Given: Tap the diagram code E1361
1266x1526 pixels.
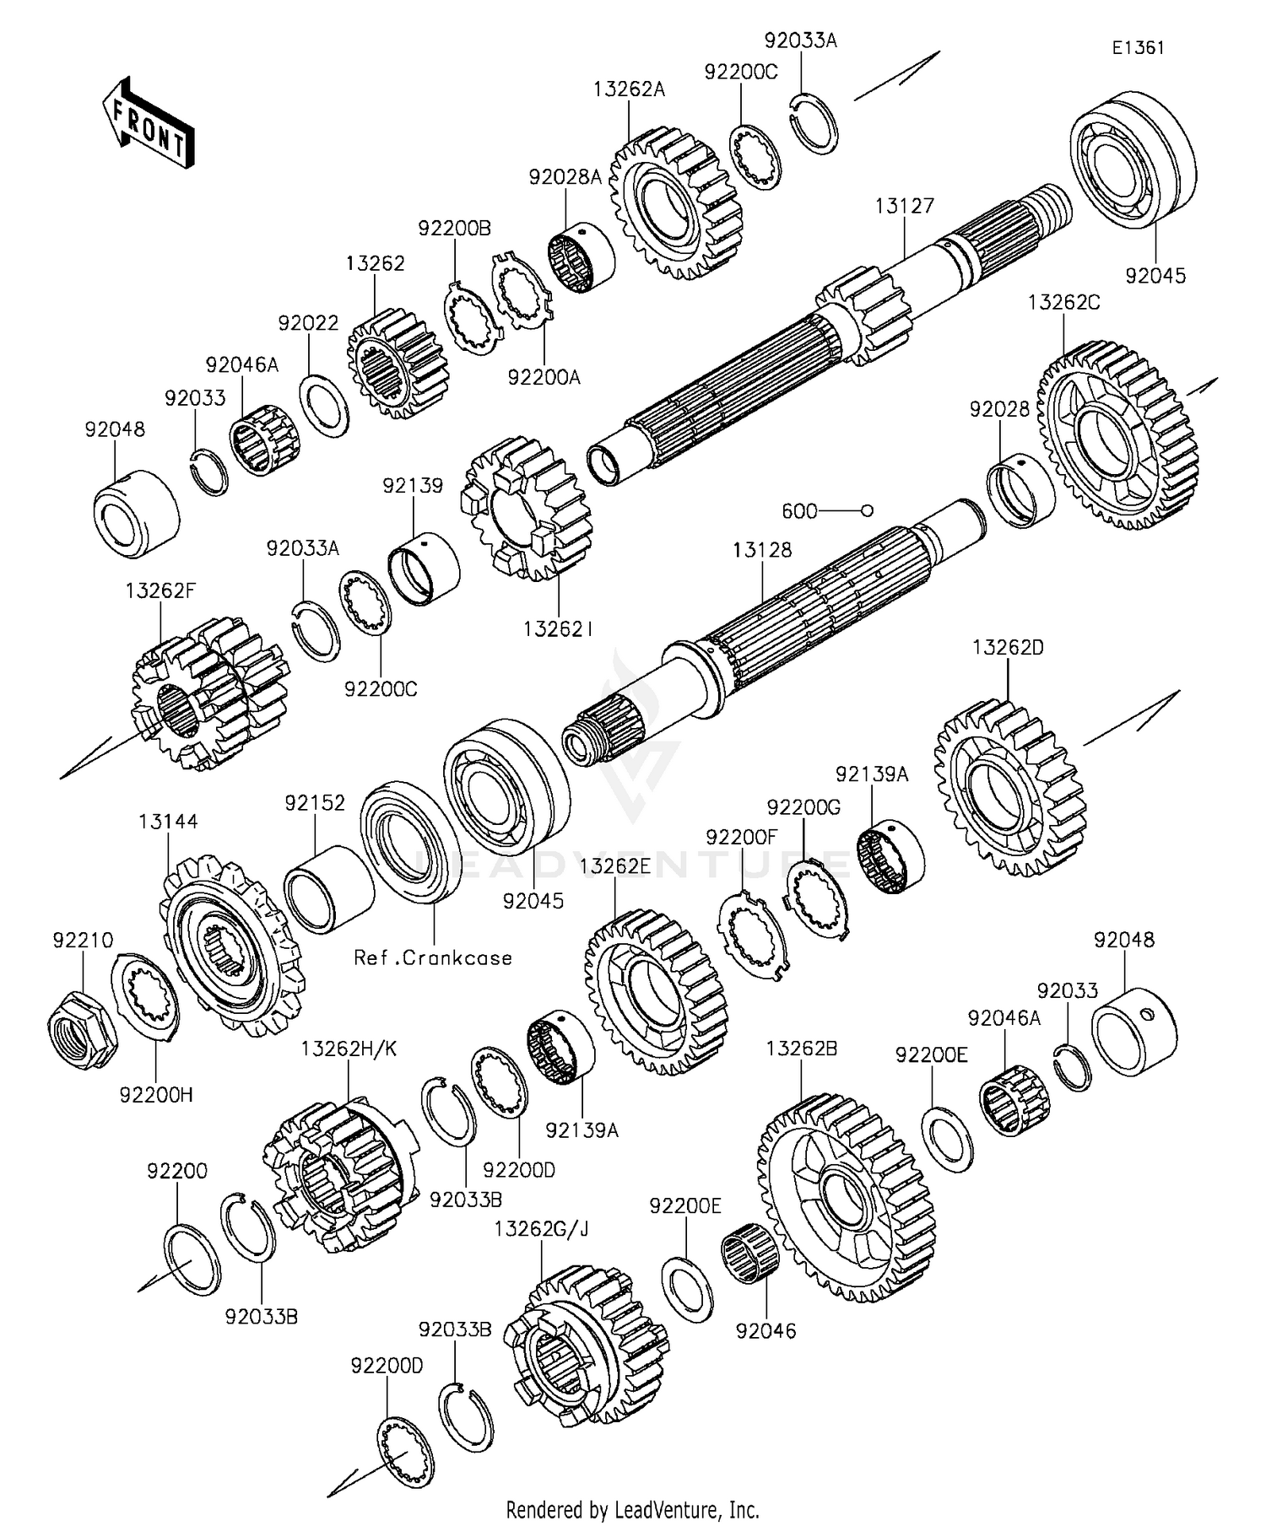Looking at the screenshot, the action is coord(1137,48).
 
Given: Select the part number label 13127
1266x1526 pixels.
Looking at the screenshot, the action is coord(905,206).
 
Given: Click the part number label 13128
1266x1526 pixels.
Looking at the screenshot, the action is coord(762,550).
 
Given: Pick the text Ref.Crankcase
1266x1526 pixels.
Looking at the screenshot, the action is coord(433,957).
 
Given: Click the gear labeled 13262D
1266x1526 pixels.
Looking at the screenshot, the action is coord(1010,785).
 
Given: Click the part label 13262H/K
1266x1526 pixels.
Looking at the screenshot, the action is coord(349,1049).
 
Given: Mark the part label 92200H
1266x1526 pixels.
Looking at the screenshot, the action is coord(156,1094).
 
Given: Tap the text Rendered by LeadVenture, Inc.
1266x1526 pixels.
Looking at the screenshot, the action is coord(633,1509).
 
